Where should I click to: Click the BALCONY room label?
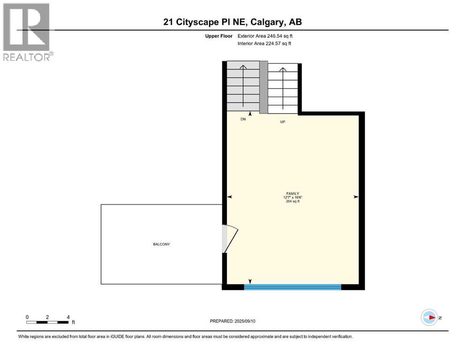click(162, 244)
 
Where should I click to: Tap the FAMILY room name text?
click(293, 194)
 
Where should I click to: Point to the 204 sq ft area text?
click(293, 201)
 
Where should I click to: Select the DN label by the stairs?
click(243, 120)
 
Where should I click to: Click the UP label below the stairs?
click(283, 122)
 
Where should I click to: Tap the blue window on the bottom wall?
click(292, 287)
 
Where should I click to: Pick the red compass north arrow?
click(431, 317)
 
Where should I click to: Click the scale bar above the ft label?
click(48, 322)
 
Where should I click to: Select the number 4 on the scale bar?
click(68, 317)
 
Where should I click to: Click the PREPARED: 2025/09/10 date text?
click(232, 321)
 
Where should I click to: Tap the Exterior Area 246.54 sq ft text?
click(265, 36)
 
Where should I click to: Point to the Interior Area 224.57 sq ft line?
click(264, 43)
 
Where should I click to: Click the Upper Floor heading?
click(219, 36)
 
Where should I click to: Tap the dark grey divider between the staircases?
click(264, 87)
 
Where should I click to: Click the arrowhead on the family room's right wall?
click(356, 197)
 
